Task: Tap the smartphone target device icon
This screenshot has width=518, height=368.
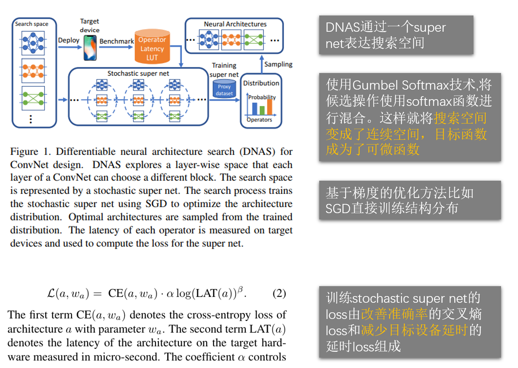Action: (x=90, y=48)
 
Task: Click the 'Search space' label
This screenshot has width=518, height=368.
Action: (x=32, y=24)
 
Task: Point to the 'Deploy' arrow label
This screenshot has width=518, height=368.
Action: (x=68, y=40)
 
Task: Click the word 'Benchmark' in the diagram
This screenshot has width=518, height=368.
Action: (x=116, y=41)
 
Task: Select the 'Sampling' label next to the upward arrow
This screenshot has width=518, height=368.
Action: (x=278, y=64)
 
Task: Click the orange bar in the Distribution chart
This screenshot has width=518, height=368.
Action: (x=269, y=107)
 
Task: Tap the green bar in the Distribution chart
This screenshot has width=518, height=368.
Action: (x=262, y=110)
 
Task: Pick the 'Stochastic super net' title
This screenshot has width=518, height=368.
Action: (x=138, y=73)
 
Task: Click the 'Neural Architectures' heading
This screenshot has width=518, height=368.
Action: (x=235, y=24)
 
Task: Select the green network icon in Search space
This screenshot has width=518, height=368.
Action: (x=33, y=98)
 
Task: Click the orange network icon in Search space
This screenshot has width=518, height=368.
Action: (x=33, y=70)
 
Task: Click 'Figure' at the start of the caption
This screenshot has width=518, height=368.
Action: (x=24, y=152)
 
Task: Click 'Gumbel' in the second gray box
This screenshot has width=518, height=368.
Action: (x=375, y=85)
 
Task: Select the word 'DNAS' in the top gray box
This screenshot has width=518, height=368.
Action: (x=343, y=28)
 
